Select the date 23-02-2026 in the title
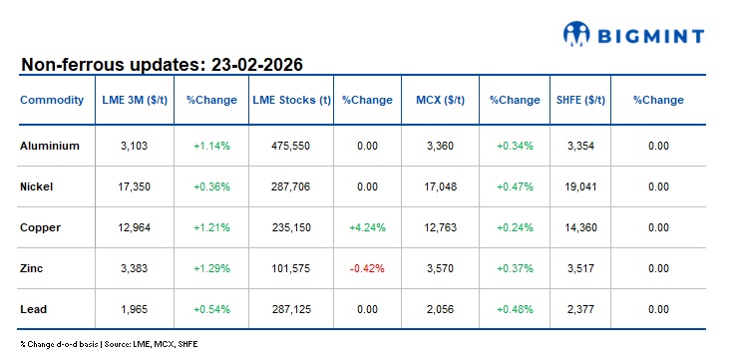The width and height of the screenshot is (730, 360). (x=257, y=65)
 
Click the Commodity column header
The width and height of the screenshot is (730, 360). (x=52, y=100)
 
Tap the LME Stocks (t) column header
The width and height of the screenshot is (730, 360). (x=291, y=100)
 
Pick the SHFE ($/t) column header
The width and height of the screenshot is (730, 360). (x=579, y=100)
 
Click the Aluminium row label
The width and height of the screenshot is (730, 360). (x=50, y=146)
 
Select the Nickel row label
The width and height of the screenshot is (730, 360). (x=37, y=186)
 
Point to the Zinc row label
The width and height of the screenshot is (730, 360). (x=32, y=268)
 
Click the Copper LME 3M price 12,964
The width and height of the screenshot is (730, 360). (x=134, y=227)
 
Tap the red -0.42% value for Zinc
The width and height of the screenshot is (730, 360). (x=367, y=268)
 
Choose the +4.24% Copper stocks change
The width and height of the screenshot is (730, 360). (x=367, y=227)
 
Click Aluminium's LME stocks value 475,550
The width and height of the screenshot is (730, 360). (x=291, y=146)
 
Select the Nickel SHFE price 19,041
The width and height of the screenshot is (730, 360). (x=579, y=186)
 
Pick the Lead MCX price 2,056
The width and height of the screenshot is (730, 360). (x=439, y=309)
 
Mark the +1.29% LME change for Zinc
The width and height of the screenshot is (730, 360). (x=211, y=268)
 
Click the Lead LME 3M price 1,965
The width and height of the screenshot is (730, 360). (x=134, y=309)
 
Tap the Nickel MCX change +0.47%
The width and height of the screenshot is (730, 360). (x=515, y=186)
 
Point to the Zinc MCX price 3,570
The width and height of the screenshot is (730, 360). (x=439, y=268)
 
